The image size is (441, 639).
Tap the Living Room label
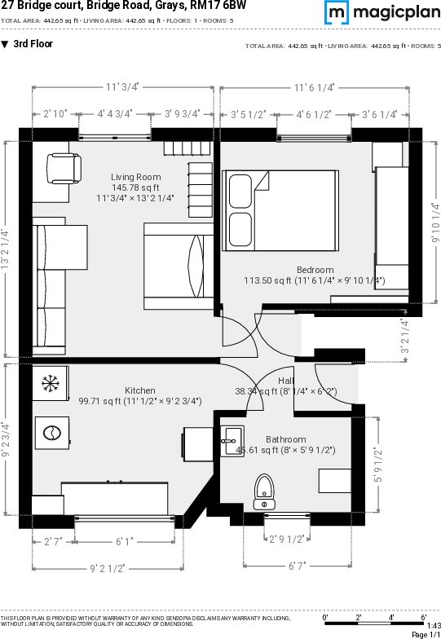136,177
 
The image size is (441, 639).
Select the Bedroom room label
315,270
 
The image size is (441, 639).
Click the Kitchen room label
140,390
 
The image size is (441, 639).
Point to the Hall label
286,381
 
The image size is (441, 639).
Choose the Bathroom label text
285,439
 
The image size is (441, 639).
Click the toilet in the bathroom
264,491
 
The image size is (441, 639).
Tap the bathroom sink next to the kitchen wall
232,441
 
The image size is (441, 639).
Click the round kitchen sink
52,433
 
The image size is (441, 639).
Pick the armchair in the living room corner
63,169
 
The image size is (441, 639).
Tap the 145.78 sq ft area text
136,187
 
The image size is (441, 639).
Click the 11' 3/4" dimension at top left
122,86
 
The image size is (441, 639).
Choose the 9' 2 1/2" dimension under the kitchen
107,567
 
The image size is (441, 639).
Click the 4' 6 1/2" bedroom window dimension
314,115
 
